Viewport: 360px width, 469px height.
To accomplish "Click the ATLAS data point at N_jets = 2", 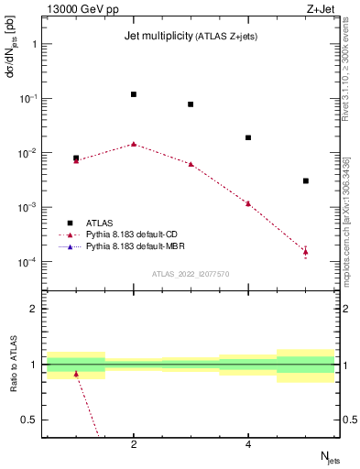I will click(x=134, y=94).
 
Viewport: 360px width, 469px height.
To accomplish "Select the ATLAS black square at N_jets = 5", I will click(x=306, y=181).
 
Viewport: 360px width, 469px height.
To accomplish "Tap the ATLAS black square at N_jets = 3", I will click(x=191, y=104).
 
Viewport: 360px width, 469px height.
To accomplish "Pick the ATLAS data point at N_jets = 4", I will click(x=248, y=137).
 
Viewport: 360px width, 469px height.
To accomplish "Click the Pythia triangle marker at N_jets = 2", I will click(x=134, y=144).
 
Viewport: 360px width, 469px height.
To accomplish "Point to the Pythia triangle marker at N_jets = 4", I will click(x=248, y=203).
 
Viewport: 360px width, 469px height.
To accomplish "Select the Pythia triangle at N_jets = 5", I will click(x=306, y=251).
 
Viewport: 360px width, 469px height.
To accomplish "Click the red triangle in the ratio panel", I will click(x=76, y=374).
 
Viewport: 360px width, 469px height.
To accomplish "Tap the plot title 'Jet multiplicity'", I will click(x=157, y=36).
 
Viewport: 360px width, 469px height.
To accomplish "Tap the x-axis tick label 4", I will click(x=248, y=444).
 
